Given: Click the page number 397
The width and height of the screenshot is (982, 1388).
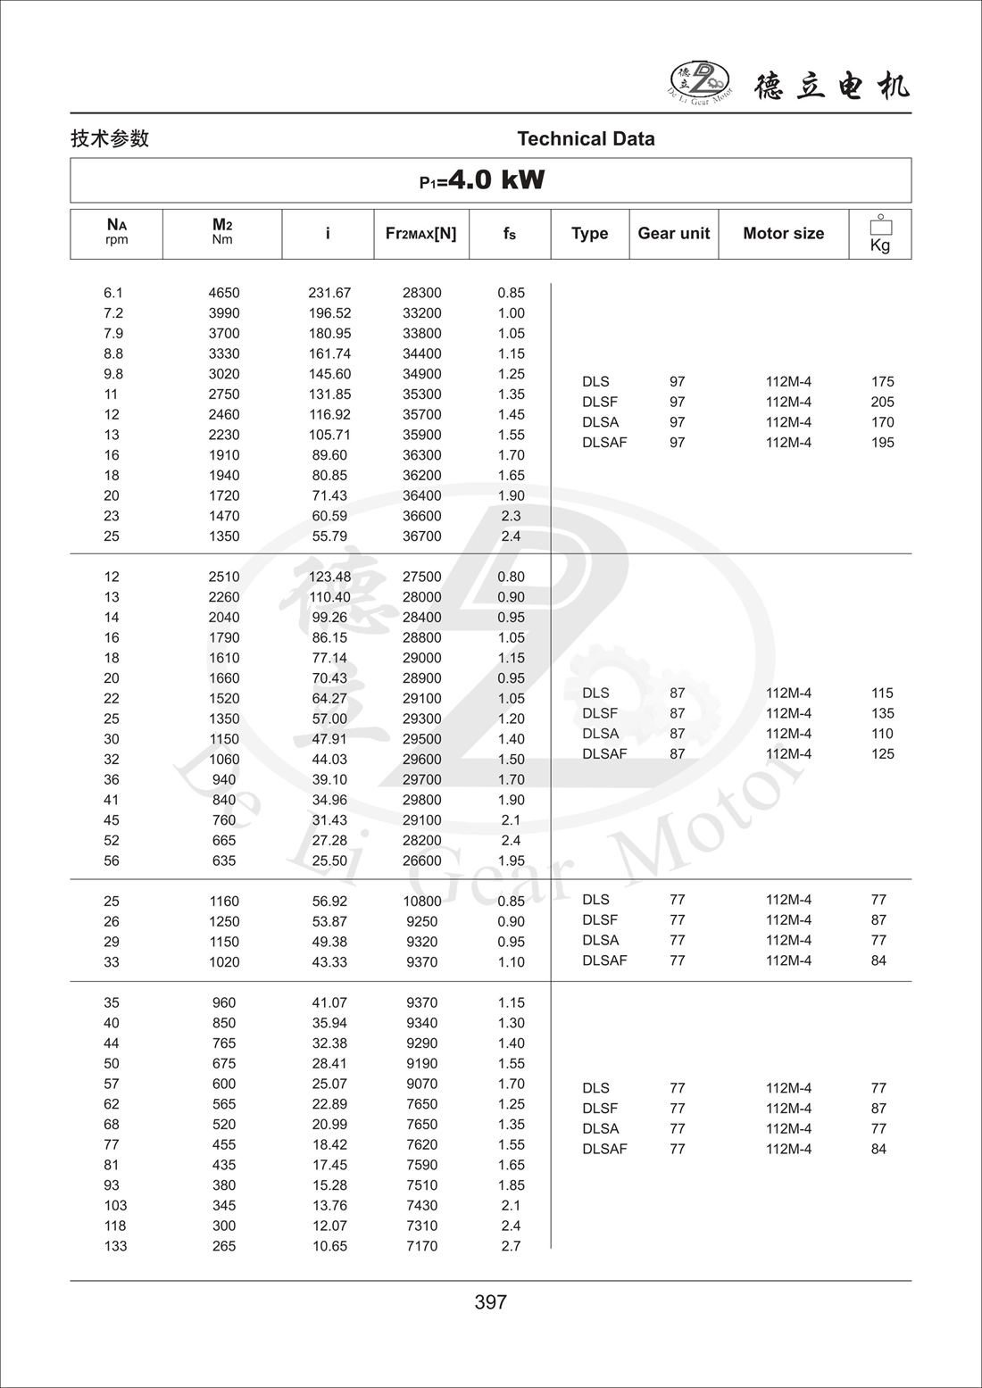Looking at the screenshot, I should (491, 1302).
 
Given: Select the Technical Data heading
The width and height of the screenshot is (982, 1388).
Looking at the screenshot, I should (586, 138).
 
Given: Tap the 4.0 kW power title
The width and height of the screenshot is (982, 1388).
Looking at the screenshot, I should (482, 180).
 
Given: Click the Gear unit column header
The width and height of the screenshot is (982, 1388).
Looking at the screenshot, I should (673, 233).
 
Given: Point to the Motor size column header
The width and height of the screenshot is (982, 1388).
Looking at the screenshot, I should (783, 233).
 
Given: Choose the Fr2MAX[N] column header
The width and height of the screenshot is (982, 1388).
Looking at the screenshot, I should (420, 233).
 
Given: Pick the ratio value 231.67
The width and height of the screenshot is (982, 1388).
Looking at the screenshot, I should (329, 293).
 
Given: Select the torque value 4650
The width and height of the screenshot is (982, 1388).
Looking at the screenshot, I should (224, 293).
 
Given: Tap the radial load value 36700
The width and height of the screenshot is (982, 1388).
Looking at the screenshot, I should (421, 536).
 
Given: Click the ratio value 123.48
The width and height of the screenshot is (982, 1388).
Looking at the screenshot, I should (329, 577).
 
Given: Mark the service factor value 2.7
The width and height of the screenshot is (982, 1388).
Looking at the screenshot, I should (511, 1246).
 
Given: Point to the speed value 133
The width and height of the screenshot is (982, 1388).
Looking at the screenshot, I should (115, 1246).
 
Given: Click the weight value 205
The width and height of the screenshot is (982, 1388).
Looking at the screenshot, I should (882, 402).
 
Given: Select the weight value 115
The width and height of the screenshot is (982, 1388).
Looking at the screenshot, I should (882, 693).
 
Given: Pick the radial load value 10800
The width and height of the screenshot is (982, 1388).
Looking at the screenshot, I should (421, 902).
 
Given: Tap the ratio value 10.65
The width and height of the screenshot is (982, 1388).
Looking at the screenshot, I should (329, 1246).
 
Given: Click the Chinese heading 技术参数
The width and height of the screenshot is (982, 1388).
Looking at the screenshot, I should (110, 138).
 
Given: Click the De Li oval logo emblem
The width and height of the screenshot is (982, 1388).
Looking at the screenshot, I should (700, 80).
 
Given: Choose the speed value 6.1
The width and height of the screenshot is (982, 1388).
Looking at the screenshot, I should (113, 293).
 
